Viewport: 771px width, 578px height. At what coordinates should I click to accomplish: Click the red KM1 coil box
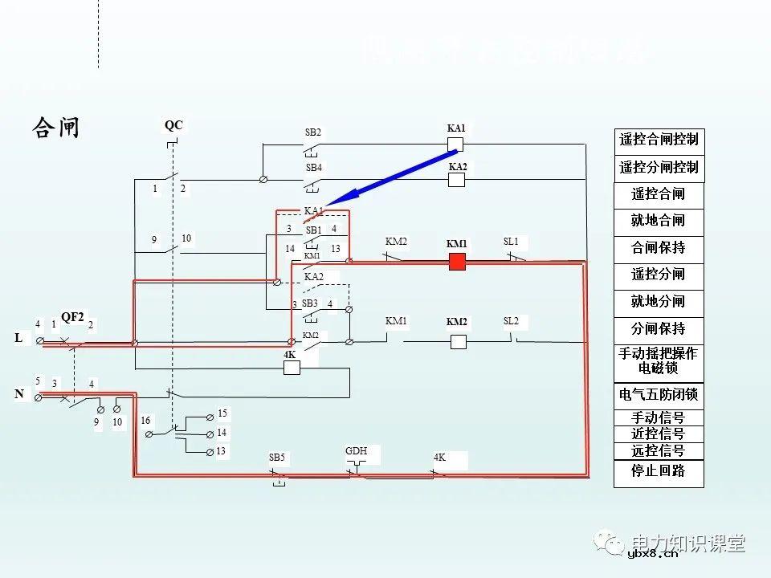click(457, 262)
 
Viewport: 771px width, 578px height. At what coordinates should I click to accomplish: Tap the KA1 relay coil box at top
click(455, 144)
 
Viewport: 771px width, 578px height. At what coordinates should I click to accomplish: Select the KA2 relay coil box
click(456, 180)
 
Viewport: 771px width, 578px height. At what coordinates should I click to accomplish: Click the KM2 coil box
click(458, 341)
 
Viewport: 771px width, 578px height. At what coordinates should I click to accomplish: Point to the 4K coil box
click(292, 368)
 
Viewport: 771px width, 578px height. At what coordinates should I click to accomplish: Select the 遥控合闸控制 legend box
click(659, 140)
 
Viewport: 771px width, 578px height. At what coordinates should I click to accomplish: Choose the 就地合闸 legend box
click(659, 221)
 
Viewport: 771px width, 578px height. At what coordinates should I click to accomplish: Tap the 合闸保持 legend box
click(659, 248)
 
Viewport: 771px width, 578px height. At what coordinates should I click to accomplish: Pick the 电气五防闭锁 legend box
click(659, 395)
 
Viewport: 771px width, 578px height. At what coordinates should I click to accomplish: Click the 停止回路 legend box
click(659, 471)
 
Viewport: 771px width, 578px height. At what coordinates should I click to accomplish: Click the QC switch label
click(173, 125)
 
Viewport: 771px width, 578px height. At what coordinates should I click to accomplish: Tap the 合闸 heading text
click(55, 128)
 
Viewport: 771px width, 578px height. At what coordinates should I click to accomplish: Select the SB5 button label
click(277, 458)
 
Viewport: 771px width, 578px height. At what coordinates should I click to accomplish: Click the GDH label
click(356, 451)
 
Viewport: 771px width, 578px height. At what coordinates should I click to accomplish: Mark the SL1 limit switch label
click(511, 242)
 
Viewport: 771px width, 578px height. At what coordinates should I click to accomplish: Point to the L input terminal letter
click(18, 338)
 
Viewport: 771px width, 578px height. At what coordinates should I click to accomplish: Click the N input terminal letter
click(18, 394)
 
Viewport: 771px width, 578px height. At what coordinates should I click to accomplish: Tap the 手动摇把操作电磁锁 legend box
click(659, 360)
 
